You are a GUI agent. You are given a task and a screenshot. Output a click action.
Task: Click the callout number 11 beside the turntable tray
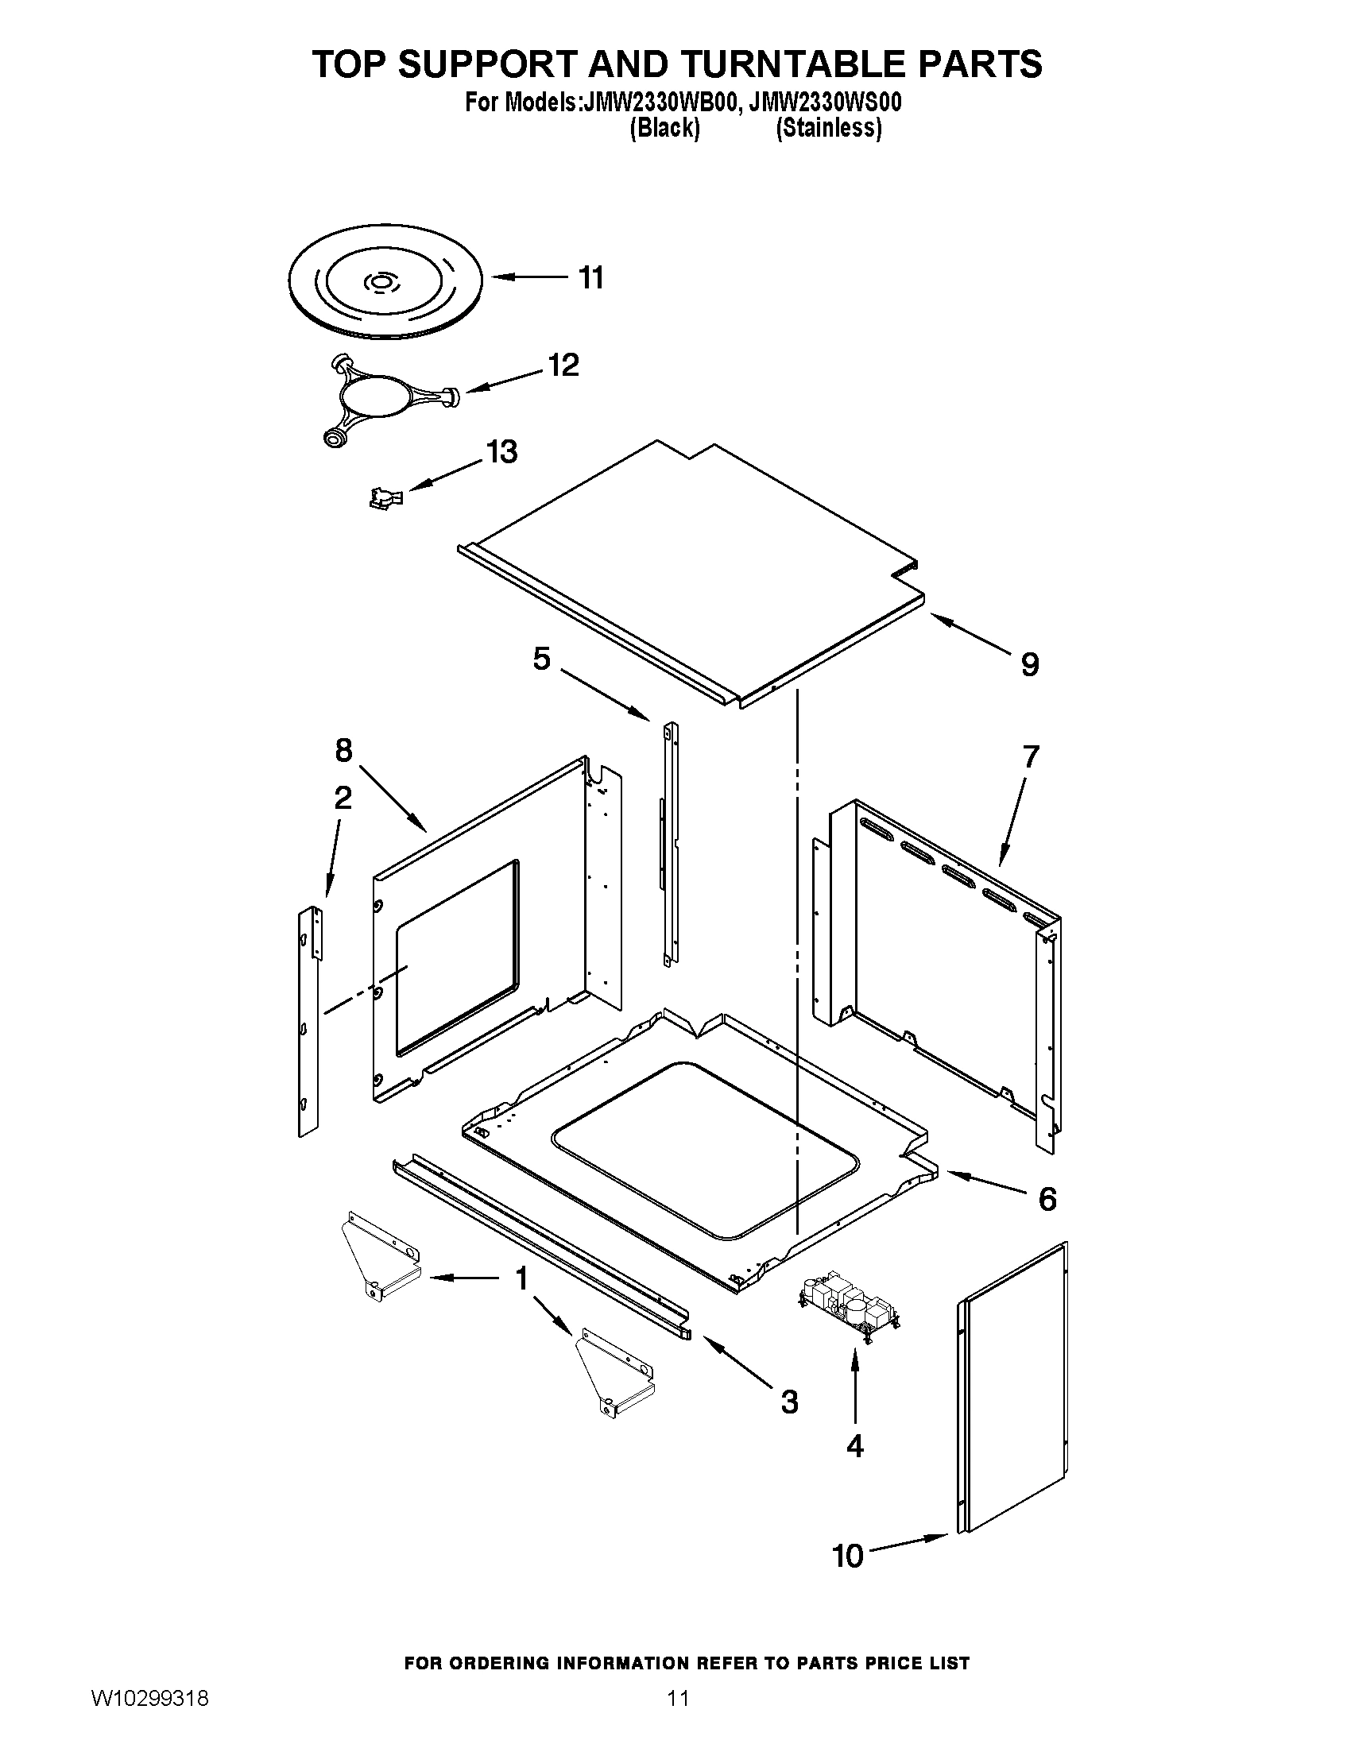pos(590,278)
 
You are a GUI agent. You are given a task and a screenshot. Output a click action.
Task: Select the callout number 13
pos(501,452)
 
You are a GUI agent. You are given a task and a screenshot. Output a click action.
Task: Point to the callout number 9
pos(1030,664)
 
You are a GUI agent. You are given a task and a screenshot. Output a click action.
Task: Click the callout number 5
pos(542,659)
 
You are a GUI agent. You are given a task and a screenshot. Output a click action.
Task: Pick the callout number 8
pos(343,750)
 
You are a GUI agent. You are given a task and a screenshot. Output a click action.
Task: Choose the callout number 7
pos(1031,756)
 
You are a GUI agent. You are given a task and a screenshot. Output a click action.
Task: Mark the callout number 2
pos(343,797)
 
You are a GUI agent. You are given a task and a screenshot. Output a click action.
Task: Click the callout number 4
pos(855,1445)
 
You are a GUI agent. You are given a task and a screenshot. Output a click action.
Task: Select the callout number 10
pos(849,1556)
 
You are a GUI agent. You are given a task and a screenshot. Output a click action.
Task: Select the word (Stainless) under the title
pos(828,129)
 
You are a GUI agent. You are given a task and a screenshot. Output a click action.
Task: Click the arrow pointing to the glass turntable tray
pos(528,278)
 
